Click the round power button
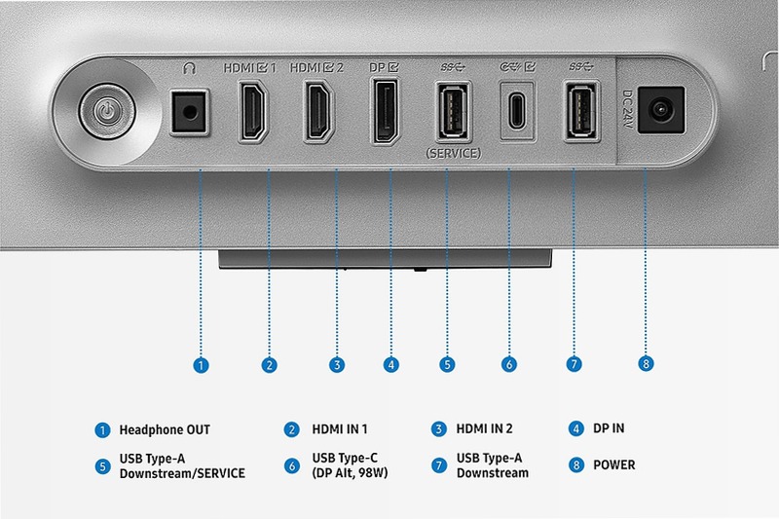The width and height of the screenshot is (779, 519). click(107, 111)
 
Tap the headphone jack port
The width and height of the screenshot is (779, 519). click(189, 111)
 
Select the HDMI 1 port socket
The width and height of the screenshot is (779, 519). click(254, 111)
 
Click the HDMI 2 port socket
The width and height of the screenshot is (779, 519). click(319, 111)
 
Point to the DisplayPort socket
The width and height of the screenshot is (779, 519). click(386, 111)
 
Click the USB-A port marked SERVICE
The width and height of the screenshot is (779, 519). click(453, 111)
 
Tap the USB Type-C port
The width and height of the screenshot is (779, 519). click(517, 111)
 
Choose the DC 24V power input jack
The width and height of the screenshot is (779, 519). click(661, 110)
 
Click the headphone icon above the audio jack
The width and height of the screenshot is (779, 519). click(189, 68)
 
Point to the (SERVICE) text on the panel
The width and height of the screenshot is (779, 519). click(453, 154)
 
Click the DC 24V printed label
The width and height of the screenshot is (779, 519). click(627, 109)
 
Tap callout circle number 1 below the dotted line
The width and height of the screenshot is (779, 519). click(201, 365)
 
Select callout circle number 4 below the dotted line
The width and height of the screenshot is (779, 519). click(391, 365)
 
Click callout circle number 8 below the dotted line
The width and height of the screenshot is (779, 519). click(646, 363)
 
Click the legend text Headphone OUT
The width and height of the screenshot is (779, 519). click(165, 429)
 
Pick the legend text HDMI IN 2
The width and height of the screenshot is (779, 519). click(484, 428)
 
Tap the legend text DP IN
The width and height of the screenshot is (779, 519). click(609, 428)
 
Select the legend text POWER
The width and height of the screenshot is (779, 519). click(614, 464)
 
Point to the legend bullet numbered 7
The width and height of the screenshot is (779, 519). click(439, 465)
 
